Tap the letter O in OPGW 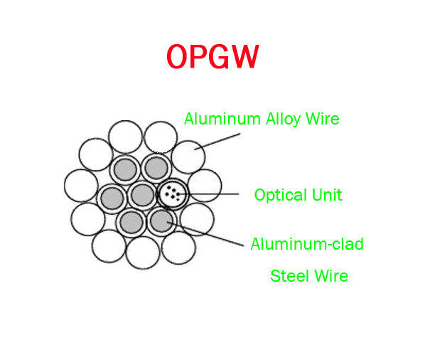click(x=177, y=56)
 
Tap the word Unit click(x=327, y=194)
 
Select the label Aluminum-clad click(x=307, y=244)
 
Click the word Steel click(x=290, y=275)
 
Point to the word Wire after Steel click(x=330, y=275)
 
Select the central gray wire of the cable click(x=142, y=194)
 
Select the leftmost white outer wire click(x=80, y=185)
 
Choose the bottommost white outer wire click(x=143, y=253)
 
